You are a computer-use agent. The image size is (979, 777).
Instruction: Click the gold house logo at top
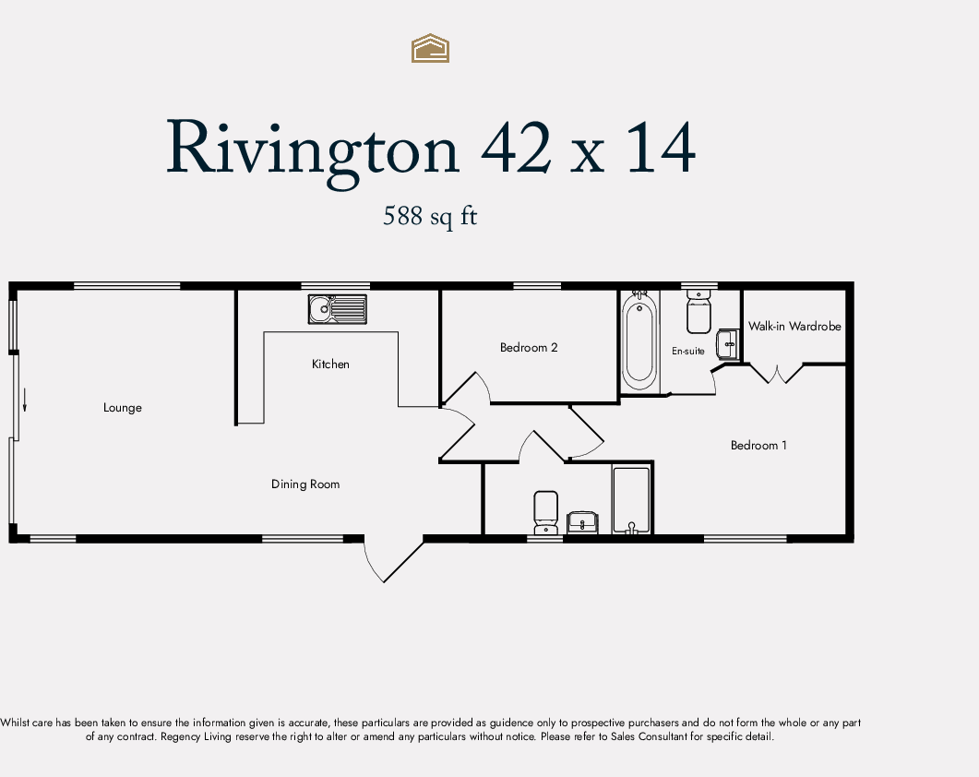[x=430, y=48]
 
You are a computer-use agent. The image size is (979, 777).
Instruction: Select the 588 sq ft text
[x=430, y=217]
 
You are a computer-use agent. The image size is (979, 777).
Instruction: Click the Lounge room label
[x=123, y=408]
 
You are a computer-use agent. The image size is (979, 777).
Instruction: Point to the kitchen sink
[x=337, y=309]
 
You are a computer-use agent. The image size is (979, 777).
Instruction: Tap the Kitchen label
[x=330, y=365]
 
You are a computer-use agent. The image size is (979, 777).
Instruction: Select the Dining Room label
[x=305, y=484]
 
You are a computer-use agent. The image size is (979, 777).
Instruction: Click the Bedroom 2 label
[x=529, y=348]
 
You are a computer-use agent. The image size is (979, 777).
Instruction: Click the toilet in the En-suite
[x=698, y=313]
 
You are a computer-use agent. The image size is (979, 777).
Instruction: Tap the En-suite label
[x=688, y=352]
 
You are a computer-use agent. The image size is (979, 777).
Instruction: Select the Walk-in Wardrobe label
[x=794, y=327]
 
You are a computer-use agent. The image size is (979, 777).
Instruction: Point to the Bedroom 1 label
[x=758, y=446]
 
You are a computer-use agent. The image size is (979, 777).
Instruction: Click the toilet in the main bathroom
[x=546, y=512]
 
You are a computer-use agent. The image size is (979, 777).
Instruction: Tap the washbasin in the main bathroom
[x=582, y=522]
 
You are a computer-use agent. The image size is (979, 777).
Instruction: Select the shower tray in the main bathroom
[x=632, y=500]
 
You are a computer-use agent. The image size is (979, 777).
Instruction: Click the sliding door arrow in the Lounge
[x=25, y=400]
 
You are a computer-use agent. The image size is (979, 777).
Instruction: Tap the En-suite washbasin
[x=729, y=343]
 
